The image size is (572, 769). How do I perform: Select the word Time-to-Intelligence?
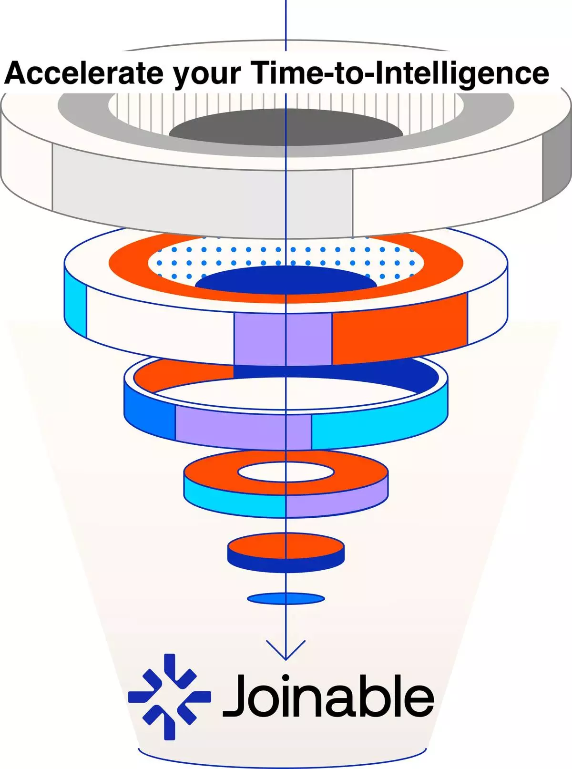399,73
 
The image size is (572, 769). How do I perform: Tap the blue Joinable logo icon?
169,697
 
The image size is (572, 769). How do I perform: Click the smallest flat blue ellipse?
286,598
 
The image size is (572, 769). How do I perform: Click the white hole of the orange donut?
286,472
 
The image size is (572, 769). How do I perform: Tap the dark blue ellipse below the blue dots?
286,281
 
